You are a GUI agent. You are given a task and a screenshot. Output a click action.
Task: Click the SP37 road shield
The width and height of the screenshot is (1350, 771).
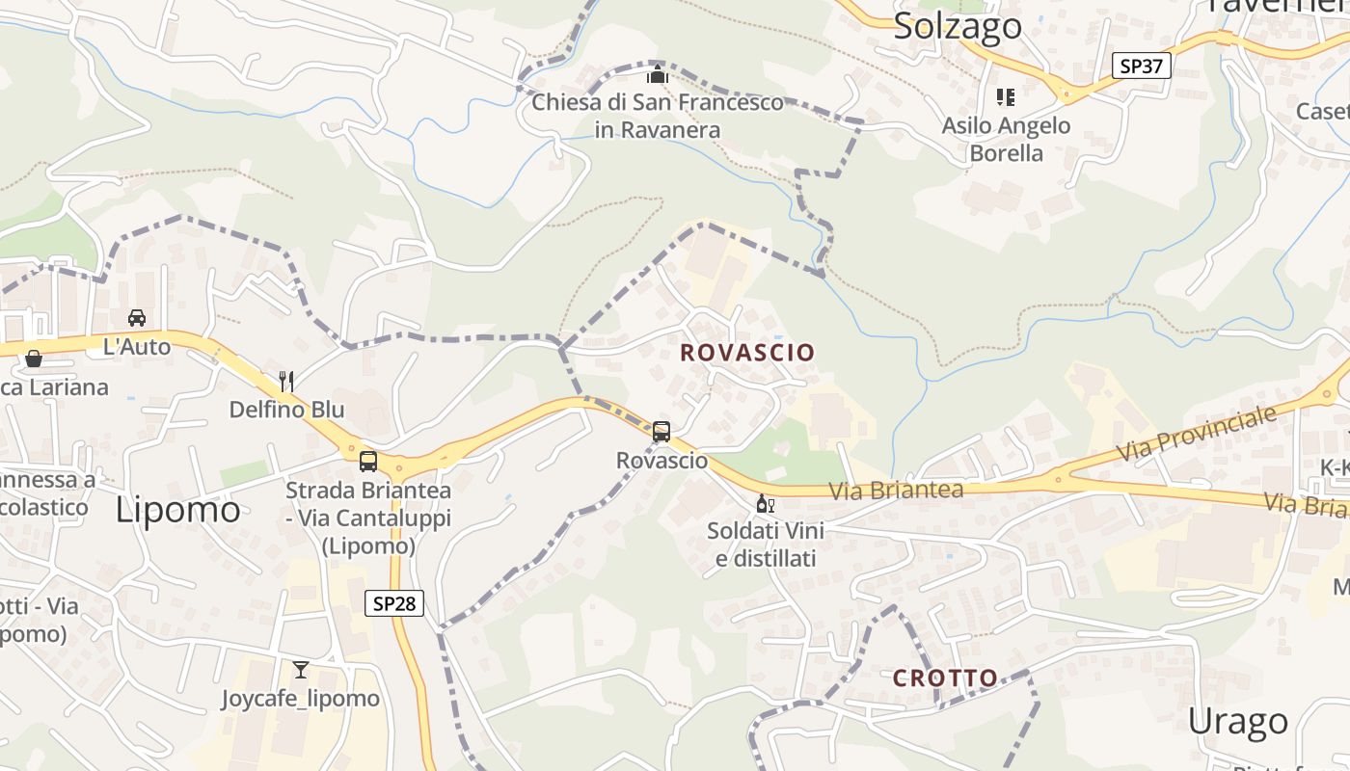[1142, 66]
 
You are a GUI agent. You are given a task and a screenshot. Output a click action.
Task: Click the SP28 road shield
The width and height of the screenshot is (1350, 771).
[394, 603]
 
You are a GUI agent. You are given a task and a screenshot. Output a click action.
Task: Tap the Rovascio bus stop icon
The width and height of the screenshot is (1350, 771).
[661, 432]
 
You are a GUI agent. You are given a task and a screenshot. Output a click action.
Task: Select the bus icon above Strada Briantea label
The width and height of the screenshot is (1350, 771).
[368, 461]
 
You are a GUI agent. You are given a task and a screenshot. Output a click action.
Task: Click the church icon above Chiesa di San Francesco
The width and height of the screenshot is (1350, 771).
[658, 74]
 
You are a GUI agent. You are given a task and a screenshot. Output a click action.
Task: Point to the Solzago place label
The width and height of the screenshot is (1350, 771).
[958, 26]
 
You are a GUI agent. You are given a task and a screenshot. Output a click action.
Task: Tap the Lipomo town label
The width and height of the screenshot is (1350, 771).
[178, 509]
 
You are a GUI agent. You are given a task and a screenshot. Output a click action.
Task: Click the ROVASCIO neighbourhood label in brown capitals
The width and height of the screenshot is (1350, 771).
[748, 352]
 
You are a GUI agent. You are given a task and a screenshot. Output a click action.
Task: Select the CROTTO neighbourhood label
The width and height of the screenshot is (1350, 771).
[945, 678]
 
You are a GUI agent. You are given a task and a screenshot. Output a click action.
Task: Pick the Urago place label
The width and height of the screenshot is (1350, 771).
[1238, 721]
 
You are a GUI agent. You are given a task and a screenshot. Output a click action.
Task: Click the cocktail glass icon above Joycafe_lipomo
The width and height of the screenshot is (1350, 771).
[301, 669]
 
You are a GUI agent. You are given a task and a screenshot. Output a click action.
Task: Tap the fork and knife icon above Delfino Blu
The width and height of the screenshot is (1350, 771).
[286, 381]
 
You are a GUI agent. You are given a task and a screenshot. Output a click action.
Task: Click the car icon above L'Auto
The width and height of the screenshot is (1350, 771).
[137, 318]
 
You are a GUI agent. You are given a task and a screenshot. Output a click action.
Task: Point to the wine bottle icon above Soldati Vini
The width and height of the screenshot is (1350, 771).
[765, 503]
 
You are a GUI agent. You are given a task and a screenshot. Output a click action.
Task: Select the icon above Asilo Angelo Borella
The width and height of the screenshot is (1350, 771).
[1006, 97]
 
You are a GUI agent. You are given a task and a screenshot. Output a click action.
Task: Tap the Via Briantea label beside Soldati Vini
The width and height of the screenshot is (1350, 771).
[896, 491]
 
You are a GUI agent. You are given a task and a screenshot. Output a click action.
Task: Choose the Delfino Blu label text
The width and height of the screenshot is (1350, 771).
[286, 410]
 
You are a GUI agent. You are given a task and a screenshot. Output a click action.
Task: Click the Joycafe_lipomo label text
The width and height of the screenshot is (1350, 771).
[301, 699]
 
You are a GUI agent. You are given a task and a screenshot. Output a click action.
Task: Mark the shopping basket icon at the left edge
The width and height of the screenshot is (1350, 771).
[34, 359]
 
